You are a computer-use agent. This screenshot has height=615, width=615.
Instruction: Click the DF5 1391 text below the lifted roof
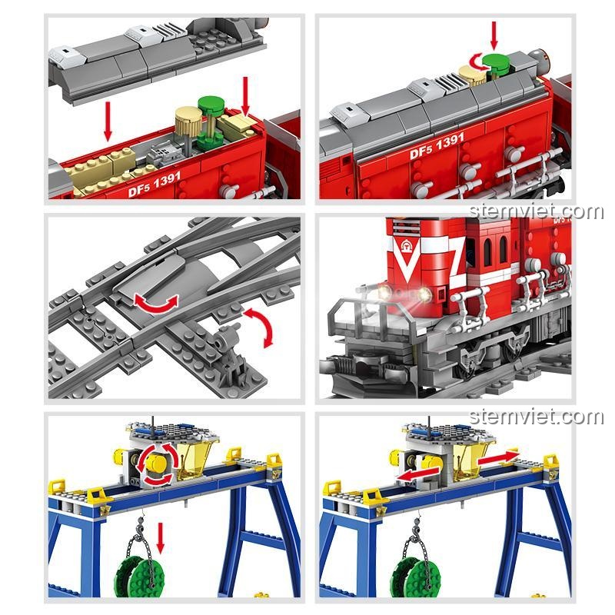155,185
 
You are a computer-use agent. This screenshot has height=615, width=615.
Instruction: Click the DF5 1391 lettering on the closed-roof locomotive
437,145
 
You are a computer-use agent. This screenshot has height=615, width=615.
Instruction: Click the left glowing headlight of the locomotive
384,291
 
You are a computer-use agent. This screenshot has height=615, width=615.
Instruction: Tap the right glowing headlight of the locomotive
424,294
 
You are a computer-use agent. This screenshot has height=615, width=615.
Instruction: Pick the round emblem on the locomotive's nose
405,247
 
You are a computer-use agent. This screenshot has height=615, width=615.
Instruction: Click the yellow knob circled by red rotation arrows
157,464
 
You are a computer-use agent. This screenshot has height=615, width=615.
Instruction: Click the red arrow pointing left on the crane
417,474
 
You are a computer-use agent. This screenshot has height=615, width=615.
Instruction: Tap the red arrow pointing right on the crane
499,459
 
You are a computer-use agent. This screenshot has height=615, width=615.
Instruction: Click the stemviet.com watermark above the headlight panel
536,212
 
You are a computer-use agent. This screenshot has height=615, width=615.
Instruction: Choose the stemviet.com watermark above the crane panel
536,417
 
